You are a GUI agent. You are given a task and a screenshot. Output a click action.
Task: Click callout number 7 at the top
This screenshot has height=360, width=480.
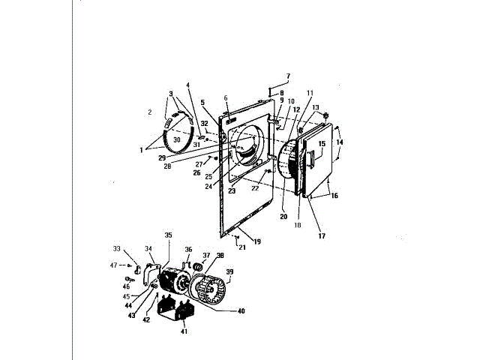pos(288,76)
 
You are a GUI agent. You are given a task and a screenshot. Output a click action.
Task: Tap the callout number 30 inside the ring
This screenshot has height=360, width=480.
pos(177,139)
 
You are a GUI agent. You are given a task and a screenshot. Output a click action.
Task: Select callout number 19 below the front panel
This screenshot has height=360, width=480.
pos(256,241)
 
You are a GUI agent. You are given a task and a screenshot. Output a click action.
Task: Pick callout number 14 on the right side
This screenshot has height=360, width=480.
pos(340,142)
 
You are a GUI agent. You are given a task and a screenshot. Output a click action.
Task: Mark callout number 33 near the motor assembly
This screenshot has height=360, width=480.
pos(116,248)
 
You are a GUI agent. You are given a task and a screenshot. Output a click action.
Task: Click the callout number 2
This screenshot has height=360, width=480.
pos(149,112)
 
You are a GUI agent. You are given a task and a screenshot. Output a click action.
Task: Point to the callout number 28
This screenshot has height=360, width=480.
pos(167,166)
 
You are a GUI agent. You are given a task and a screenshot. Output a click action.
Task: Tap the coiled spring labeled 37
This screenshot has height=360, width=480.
pos(198,267)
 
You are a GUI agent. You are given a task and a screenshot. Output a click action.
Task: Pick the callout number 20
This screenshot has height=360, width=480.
pos(283,216)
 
